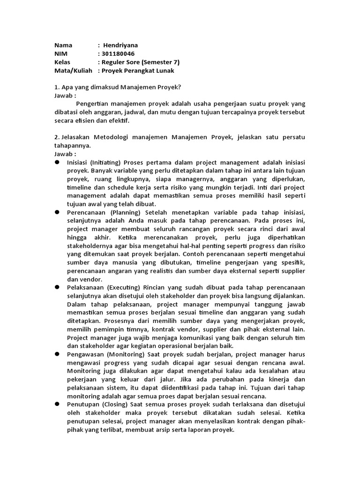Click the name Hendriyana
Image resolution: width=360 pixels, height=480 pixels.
coord(120,45)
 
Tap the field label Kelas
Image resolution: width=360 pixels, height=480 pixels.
coord(62,62)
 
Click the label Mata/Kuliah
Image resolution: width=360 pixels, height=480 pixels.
coord(73,71)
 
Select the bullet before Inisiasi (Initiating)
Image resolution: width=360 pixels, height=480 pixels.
coord(57,162)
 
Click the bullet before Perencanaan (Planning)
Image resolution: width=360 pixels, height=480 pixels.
coord(57,212)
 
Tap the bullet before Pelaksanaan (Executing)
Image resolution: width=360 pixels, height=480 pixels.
coord(57,286)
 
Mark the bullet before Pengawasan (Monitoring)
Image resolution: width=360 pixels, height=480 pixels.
coord(57,354)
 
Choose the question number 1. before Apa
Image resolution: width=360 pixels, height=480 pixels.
coord(56,88)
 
